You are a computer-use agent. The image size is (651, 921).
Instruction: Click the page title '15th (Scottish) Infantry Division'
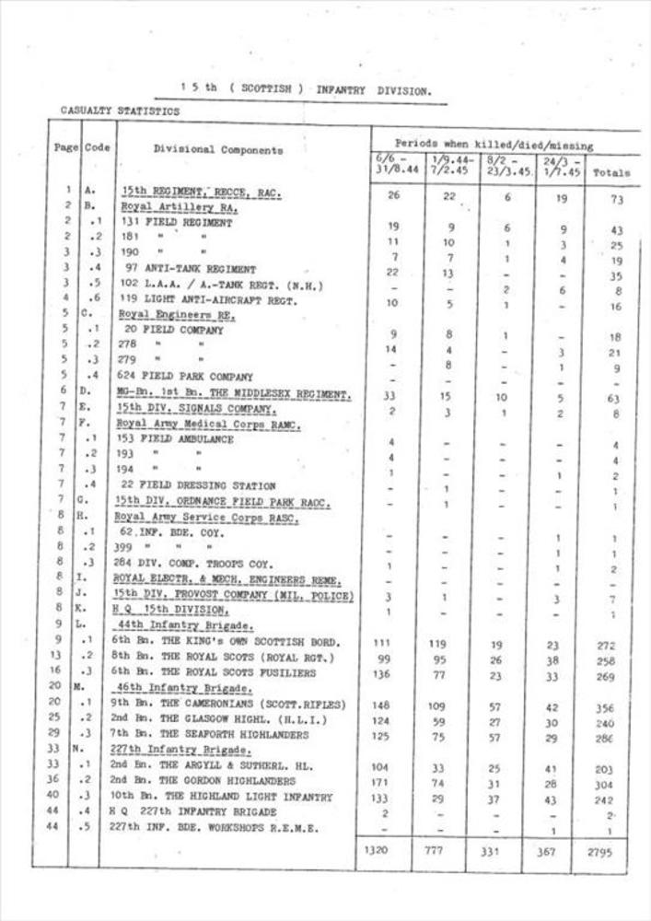pos(306,89)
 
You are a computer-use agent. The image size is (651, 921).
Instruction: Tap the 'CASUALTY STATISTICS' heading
pos(121,111)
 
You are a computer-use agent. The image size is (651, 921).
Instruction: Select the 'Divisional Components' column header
pos(218,149)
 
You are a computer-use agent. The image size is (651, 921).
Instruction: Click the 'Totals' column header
pos(611,172)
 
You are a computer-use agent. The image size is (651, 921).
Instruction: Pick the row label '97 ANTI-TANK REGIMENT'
pos(186,269)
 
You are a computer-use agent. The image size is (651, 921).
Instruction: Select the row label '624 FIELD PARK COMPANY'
pos(184,376)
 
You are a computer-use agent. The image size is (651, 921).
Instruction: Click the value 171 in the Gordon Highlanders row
pos(378,781)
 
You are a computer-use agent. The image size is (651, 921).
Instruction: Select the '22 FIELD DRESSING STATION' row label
pos(195,485)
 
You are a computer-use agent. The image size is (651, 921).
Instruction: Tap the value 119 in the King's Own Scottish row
pos(437,645)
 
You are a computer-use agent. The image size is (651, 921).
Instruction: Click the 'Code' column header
pos(97,147)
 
